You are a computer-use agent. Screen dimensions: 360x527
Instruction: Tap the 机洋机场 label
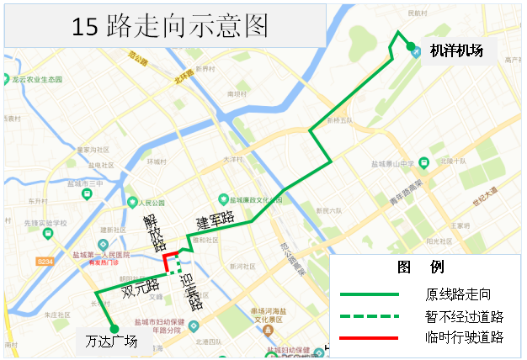[x=456, y=50]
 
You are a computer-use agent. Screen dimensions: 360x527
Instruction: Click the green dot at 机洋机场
[x=412, y=48]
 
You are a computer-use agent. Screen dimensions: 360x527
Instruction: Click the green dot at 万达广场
[x=114, y=328]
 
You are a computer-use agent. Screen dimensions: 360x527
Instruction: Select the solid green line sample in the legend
[x=369, y=294]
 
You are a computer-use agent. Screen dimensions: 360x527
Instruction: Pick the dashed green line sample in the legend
[x=369, y=316]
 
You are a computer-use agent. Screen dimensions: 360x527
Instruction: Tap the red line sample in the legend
[x=369, y=337]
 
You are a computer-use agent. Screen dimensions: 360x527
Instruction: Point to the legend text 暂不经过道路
[x=464, y=316]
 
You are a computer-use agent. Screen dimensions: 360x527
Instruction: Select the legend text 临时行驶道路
[x=464, y=337]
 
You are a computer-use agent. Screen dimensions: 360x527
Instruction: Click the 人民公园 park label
[x=150, y=204]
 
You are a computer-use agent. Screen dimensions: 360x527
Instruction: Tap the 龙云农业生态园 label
[x=39, y=79]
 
